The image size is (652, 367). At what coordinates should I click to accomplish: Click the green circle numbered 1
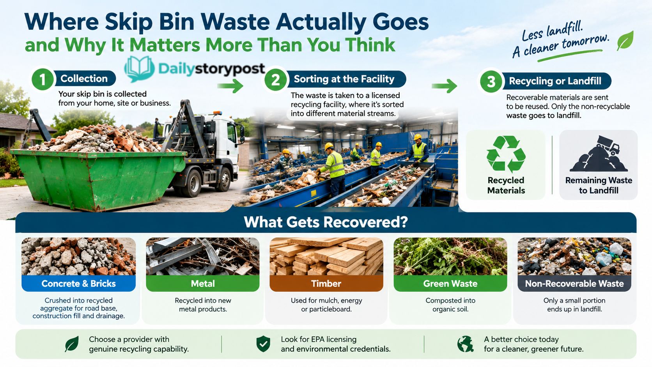[43, 79]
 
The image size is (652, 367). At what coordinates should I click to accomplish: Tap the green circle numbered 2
[275, 80]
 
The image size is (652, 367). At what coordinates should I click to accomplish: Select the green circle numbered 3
[491, 82]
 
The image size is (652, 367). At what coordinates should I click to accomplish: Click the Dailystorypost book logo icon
[139, 69]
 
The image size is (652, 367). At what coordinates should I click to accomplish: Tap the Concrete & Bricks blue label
[79, 284]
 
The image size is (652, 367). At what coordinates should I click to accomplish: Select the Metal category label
[203, 284]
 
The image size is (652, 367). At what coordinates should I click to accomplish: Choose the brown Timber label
[326, 284]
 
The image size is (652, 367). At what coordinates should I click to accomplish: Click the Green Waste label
[450, 284]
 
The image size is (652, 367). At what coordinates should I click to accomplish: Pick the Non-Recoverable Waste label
[574, 284]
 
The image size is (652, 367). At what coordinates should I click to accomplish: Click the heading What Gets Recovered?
[326, 222]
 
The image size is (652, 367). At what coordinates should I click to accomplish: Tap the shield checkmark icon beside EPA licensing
[263, 344]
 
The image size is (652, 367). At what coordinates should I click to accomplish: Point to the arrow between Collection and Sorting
[230, 85]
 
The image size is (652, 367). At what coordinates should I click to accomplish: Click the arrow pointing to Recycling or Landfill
[444, 86]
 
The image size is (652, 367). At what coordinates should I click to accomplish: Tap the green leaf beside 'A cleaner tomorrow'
[625, 41]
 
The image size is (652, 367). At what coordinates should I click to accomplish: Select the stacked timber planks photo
[326, 256]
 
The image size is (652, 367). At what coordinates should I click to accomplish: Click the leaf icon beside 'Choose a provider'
[72, 344]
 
